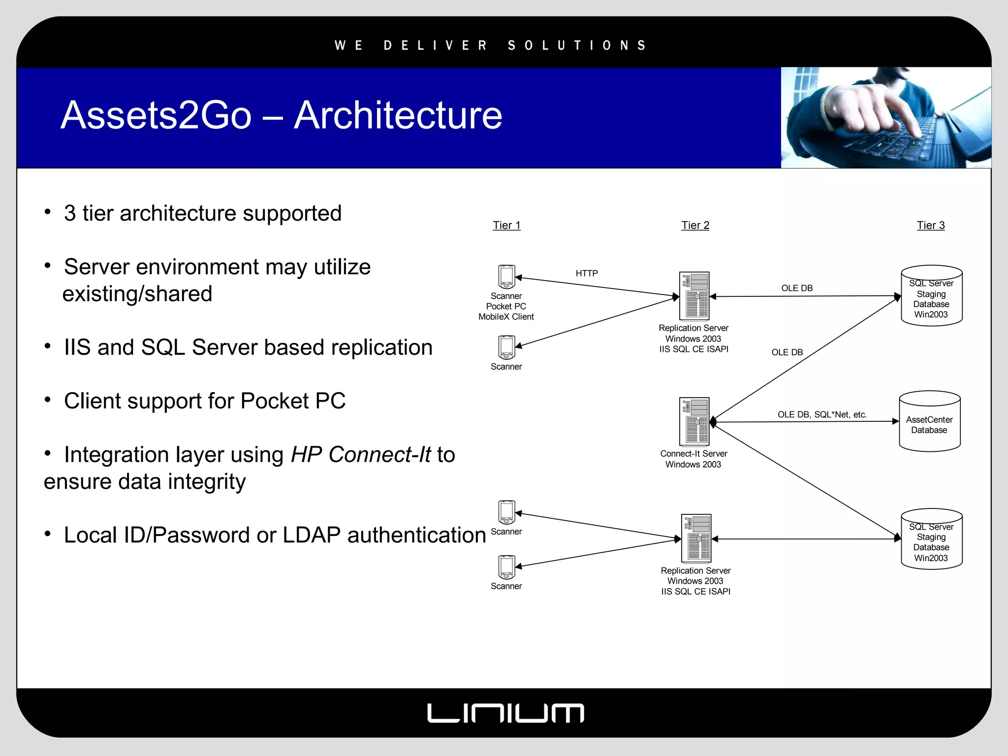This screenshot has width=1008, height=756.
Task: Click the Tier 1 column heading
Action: [506, 225]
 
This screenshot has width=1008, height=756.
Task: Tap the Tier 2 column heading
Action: [695, 225]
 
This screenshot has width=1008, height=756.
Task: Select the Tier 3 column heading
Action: [930, 225]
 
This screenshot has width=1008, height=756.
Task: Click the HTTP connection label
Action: [587, 273]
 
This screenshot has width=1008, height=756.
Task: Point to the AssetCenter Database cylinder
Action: [929, 422]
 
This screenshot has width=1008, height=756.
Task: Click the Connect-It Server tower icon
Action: [694, 421]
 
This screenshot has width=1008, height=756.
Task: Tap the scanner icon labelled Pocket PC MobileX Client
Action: [506, 277]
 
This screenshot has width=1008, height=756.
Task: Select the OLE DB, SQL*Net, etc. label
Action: [822, 414]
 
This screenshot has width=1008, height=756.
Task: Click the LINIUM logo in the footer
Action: [505, 713]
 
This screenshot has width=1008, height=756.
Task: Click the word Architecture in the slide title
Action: [398, 115]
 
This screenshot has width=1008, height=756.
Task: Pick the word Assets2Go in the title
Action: [156, 115]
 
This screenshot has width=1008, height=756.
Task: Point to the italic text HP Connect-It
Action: [361, 454]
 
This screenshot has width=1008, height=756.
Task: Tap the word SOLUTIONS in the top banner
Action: [577, 46]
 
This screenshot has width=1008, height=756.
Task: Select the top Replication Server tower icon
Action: [694, 296]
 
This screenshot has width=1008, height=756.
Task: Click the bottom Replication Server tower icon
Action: [696, 538]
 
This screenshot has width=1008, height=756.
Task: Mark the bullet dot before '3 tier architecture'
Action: [48, 212]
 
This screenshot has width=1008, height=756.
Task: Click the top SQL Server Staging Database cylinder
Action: [931, 296]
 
